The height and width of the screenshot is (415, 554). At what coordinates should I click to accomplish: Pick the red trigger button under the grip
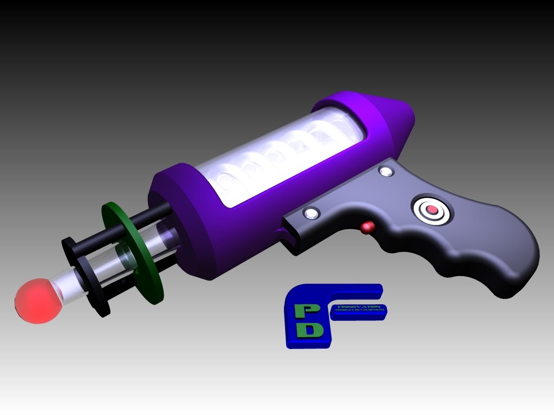click(x=368, y=227)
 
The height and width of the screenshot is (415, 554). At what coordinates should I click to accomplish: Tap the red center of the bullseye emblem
click(x=432, y=209)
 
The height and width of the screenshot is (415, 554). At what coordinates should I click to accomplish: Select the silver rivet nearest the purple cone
click(x=386, y=171)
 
